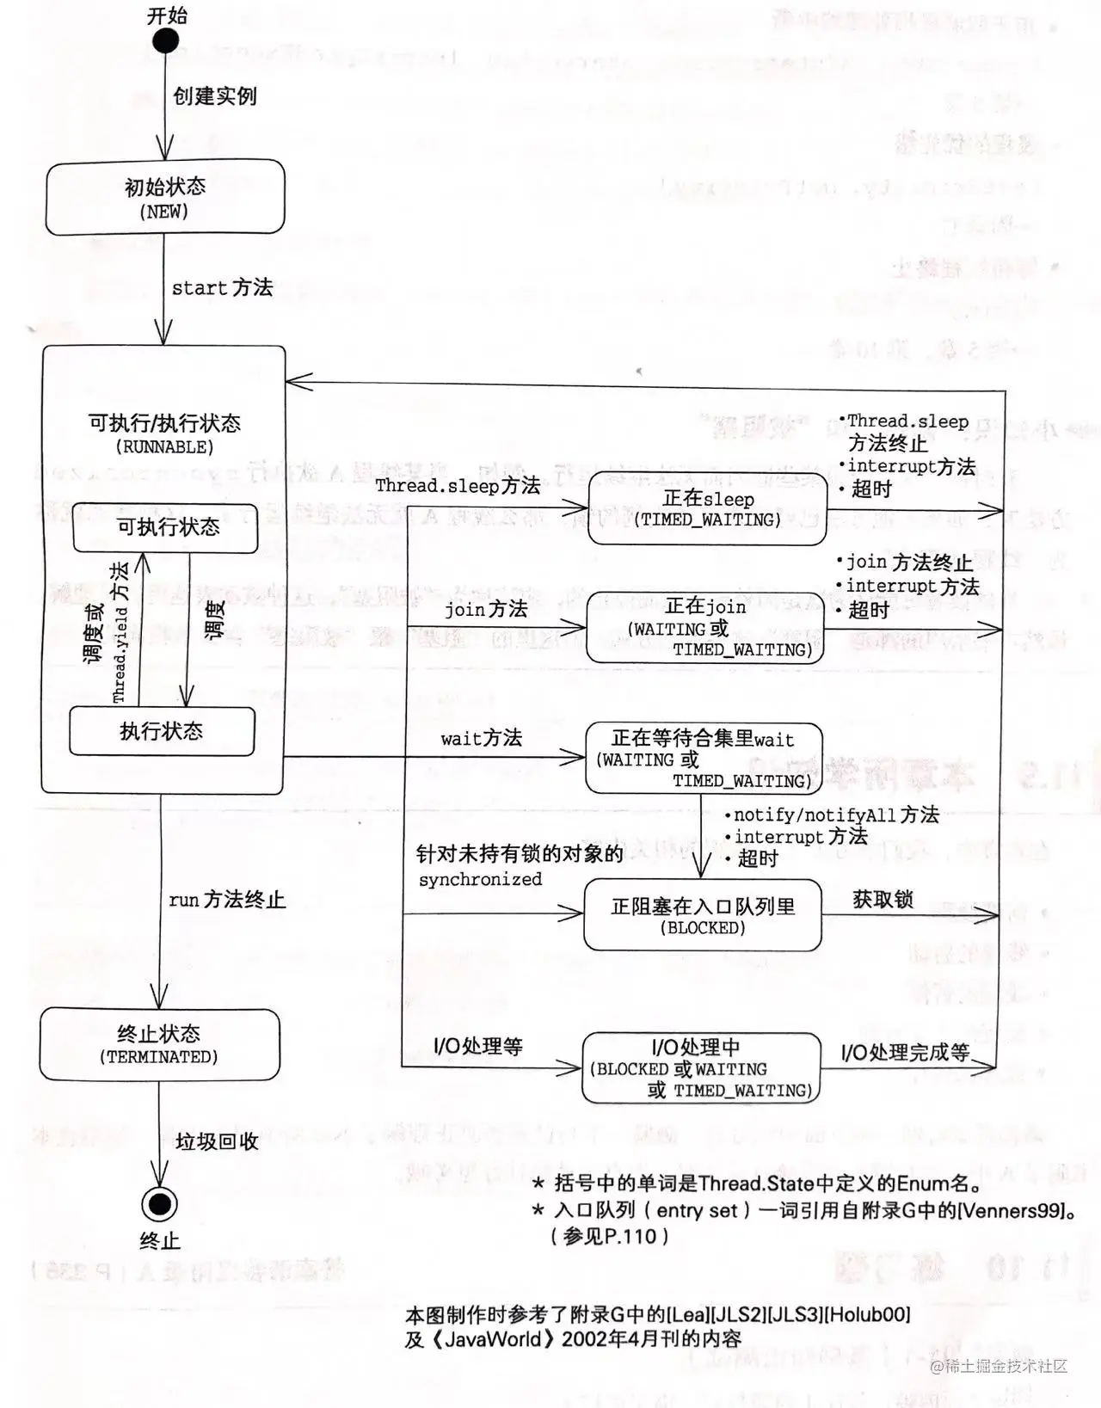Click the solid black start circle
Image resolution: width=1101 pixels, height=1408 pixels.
pos(165,40)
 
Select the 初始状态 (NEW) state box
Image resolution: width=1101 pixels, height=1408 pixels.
pos(165,197)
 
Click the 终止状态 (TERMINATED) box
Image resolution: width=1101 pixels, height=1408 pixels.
pos(160,1044)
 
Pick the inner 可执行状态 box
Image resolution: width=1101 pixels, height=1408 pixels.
pos(165,527)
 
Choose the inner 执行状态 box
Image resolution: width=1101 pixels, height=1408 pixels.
pos(162,731)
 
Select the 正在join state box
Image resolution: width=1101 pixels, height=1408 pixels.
pos(704,628)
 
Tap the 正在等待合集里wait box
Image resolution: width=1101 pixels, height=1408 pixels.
pos(704,759)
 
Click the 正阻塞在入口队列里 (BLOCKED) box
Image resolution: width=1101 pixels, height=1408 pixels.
pos(703,915)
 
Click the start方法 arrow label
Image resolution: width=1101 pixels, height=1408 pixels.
pos(222,287)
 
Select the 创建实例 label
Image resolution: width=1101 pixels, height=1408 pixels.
pos(215,95)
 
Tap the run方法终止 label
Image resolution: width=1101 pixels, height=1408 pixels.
pos(227,900)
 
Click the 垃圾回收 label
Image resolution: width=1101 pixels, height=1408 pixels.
pos(217,1141)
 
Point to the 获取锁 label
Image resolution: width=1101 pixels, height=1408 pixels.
pos(883,899)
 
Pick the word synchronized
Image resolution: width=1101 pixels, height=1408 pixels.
pos(480,879)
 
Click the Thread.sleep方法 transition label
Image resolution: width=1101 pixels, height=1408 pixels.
pos(458,485)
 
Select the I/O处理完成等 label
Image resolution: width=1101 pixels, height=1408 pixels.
pos(905,1052)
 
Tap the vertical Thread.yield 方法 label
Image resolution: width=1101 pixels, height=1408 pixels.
pos(120,631)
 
